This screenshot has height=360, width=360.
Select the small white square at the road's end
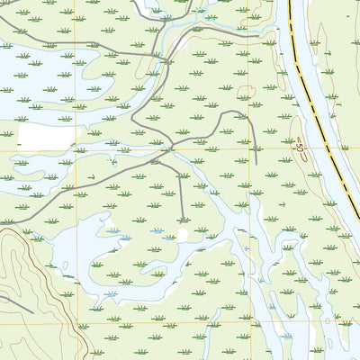pos(183,234)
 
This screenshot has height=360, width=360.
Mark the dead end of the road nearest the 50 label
pos(256,163)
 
